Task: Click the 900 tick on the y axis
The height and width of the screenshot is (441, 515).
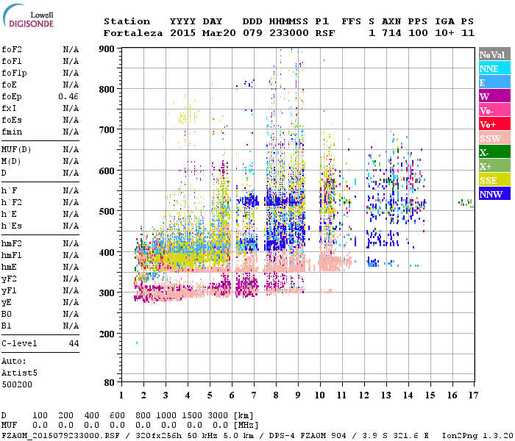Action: (x=107, y=49)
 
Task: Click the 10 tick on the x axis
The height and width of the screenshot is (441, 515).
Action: (x=319, y=395)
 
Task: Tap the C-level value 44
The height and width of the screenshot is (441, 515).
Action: (x=74, y=343)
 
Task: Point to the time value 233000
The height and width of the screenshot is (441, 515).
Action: (x=288, y=33)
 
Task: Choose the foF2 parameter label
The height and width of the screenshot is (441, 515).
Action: (x=11, y=50)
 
